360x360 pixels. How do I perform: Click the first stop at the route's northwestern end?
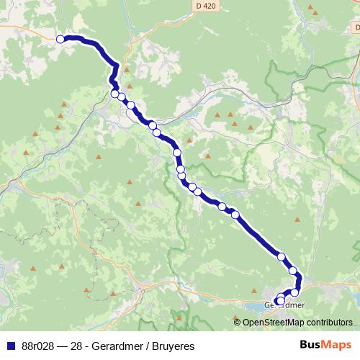61,40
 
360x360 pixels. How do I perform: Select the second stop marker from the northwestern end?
115,94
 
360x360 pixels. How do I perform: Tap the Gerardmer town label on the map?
285,305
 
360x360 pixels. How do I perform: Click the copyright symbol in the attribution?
238,323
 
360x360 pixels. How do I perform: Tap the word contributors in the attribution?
327,323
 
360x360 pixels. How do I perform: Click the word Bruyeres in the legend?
174,346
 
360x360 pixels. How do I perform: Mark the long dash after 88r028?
63,346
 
